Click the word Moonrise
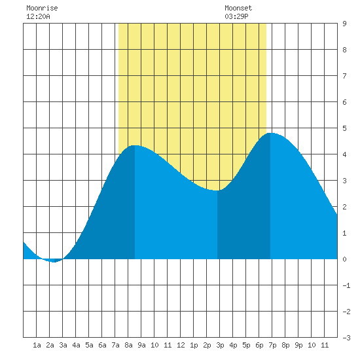tap(42, 8)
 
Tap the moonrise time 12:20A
tap(38, 16)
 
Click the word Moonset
tap(238, 8)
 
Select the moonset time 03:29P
tap(236, 16)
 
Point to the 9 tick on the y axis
tap(344, 24)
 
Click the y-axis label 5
tap(344, 128)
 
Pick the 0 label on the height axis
tap(344, 259)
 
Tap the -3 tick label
tap(346, 338)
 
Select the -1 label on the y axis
tap(346, 285)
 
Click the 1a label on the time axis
tap(37, 345)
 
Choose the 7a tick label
tap(115, 345)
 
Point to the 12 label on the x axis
tap(181, 345)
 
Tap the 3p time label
tap(220, 345)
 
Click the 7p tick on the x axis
tap(272, 345)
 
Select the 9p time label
tap(298, 345)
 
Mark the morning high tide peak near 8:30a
tap(135, 145)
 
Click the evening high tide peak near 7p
tap(270, 133)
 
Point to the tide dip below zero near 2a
tap(54, 261)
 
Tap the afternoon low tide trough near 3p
tap(217, 190)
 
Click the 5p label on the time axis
tap(246, 345)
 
